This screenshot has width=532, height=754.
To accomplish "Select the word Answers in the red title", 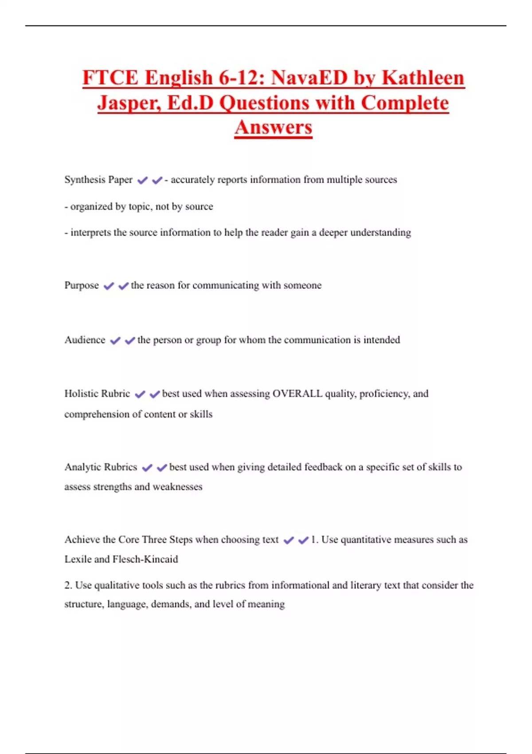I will pyautogui.click(x=274, y=127).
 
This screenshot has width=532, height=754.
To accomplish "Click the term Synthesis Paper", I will pyautogui.click(x=98, y=180).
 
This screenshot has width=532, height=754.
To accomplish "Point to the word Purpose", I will pyautogui.click(x=82, y=285).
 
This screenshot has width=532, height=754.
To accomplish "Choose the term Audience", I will pyautogui.click(x=85, y=340).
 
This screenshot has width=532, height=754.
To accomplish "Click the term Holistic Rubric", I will pyautogui.click(x=97, y=393).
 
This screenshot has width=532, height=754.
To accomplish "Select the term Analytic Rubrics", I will pyautogui.click(x=101, y=467).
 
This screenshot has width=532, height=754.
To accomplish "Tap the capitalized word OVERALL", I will pyautogui.click(x=297, y=393).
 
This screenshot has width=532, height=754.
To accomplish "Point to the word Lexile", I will pyautogui.click(x=78, y=559).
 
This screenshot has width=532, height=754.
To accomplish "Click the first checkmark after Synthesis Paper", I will pyautogui.click(x=142, y=181).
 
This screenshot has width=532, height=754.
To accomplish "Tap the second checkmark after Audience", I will pyautogui.click(x=130, y=341).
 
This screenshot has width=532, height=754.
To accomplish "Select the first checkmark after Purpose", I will pyautogui.click(x=109, y=286).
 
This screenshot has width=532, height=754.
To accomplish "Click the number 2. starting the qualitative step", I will pyautogui.click(x=68, y=585).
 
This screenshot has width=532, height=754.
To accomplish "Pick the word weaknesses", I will pyautogui.click(x=177, y=487).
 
